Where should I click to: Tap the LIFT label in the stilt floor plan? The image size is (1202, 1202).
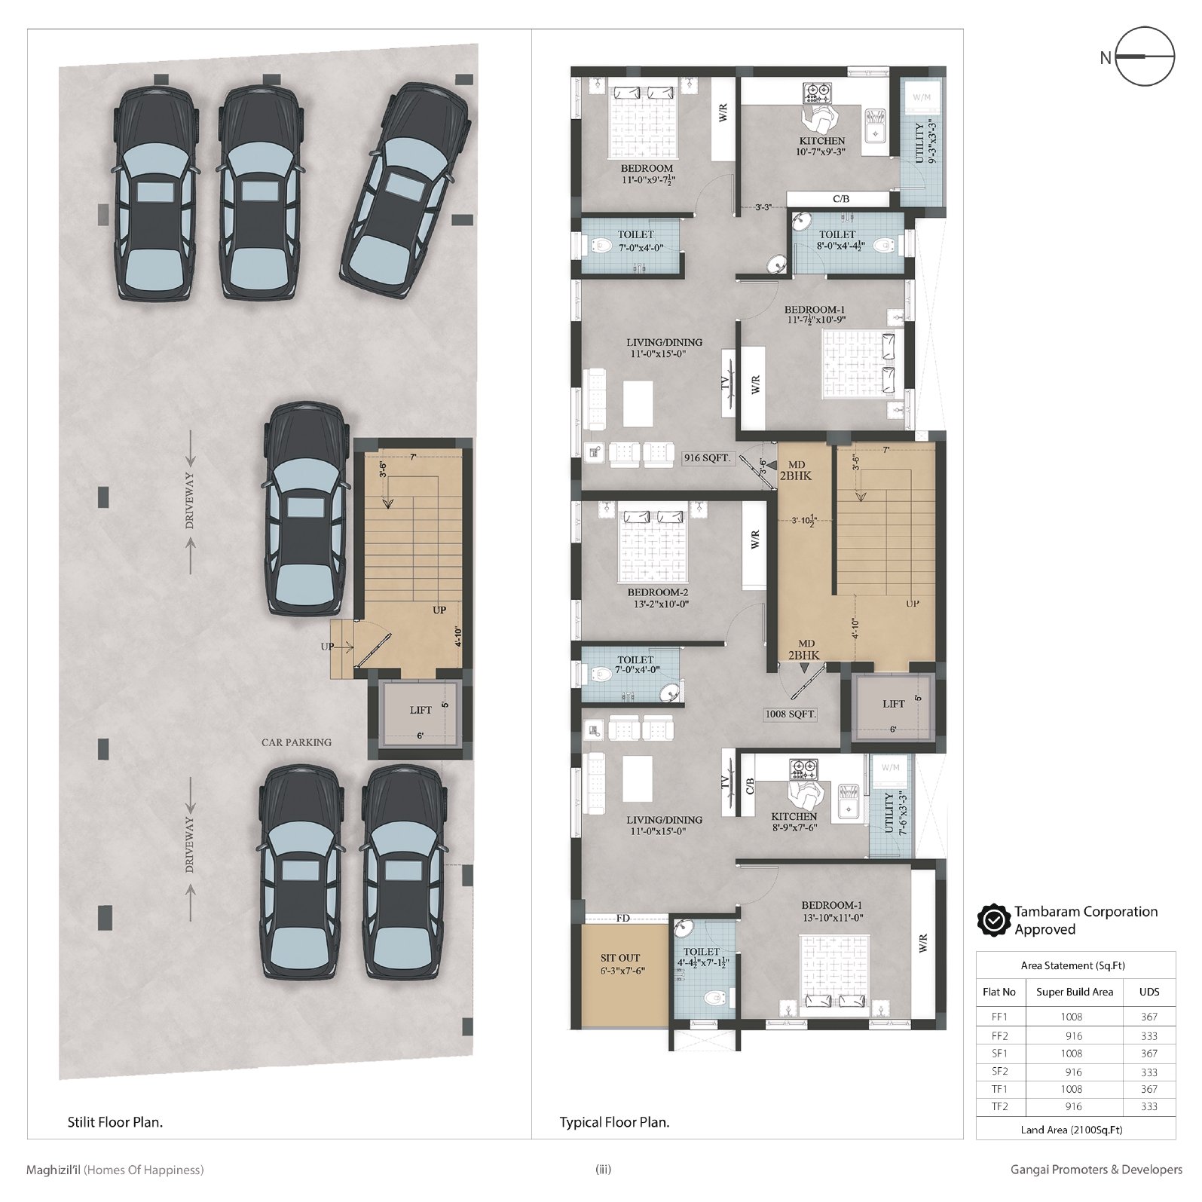pyautogui.click(x=421, y=710)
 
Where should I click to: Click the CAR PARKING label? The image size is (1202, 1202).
pyautogui.click(x=296, y=742)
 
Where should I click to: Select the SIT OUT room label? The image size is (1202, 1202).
pyautogui.click(x=620, y=958)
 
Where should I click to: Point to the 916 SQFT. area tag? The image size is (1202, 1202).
pyautogui.click(x=708, y=457)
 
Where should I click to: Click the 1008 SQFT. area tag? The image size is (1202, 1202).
pyautogui.click(x=791, y=714)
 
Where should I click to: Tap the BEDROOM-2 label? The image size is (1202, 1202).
pyautogui.click(x=658, y=592)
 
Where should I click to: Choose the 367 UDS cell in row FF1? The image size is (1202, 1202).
pyautogui.click(x=1149, y=1017)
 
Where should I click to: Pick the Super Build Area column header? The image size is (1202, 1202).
pyautogui.click(x=1074, y=992)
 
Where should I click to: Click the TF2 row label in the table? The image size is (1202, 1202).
pyautogui.click(x=999, y=1107)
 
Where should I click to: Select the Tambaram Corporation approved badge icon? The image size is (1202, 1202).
pyautogui.click(x=994, y=920)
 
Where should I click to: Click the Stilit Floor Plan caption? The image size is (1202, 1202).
pyautogui.click(x=115, y=1122)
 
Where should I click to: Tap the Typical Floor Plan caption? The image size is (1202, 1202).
pyautogui.click(x=614, y=1122)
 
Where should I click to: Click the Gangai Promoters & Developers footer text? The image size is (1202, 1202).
pyautogui.click(x=1096, y=1170)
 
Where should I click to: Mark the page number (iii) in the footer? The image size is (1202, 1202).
pyautogui.click(x=603, y=1170)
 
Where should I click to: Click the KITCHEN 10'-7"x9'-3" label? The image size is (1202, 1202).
pyautogui.click(x=821, y=146)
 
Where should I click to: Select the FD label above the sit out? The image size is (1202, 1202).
pyautogui.click(x=622, y=918)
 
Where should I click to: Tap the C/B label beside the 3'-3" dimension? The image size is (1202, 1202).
pyautogui.click(x=841, y=199)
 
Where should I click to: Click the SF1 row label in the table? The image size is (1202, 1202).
pyautogui.click(x=999, y=1054)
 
